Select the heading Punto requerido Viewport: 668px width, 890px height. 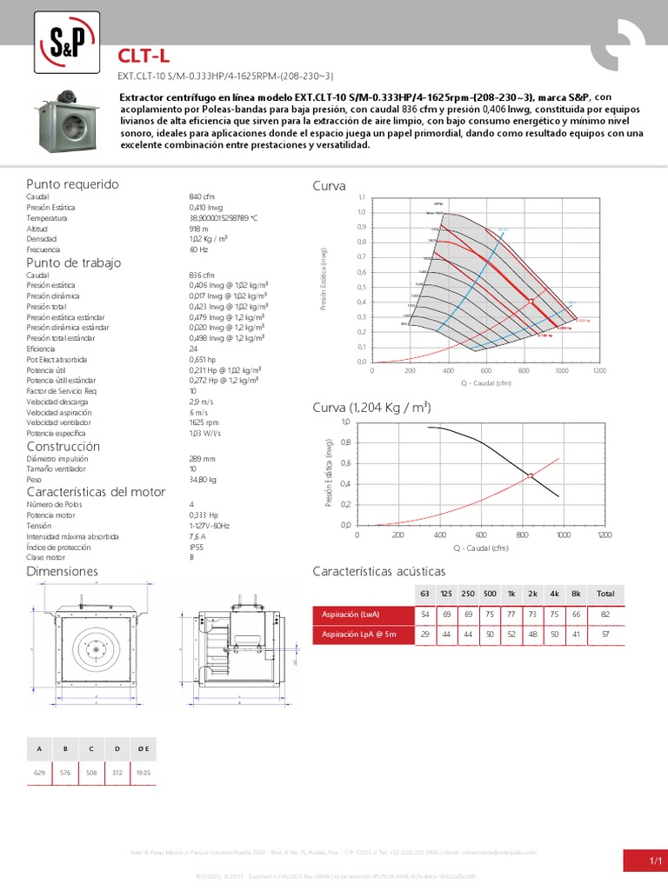(x=72, y=185)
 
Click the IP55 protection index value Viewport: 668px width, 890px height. (x=196, y=547)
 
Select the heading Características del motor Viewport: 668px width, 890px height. (x=96, y=493)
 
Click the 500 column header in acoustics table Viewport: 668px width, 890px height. (x=491, y=594)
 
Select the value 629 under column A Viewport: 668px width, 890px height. (x=39, y=772)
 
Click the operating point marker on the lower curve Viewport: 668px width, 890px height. (x=531, y=475)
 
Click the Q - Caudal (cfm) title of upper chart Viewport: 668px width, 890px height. (x=480, y=382)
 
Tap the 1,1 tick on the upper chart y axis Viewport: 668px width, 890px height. (x=362, y=197)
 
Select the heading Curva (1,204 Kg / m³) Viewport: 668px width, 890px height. (x=372, y=408)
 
